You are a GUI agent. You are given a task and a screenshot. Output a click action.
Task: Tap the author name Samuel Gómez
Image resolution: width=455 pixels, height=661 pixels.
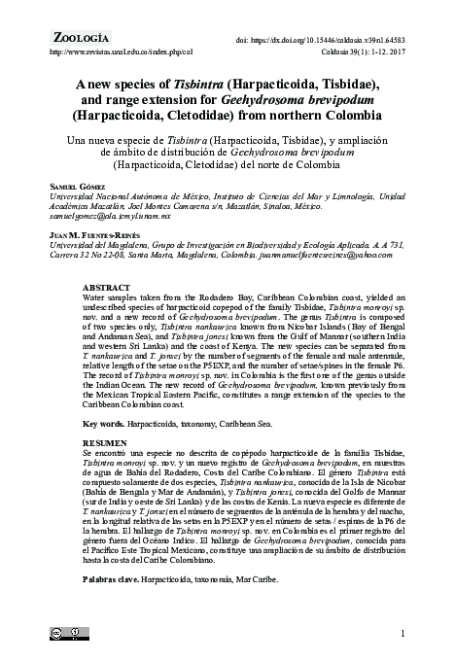(x=77, y=186)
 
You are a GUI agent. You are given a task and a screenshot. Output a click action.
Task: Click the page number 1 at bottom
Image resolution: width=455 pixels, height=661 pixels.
(x=402, y=634)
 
